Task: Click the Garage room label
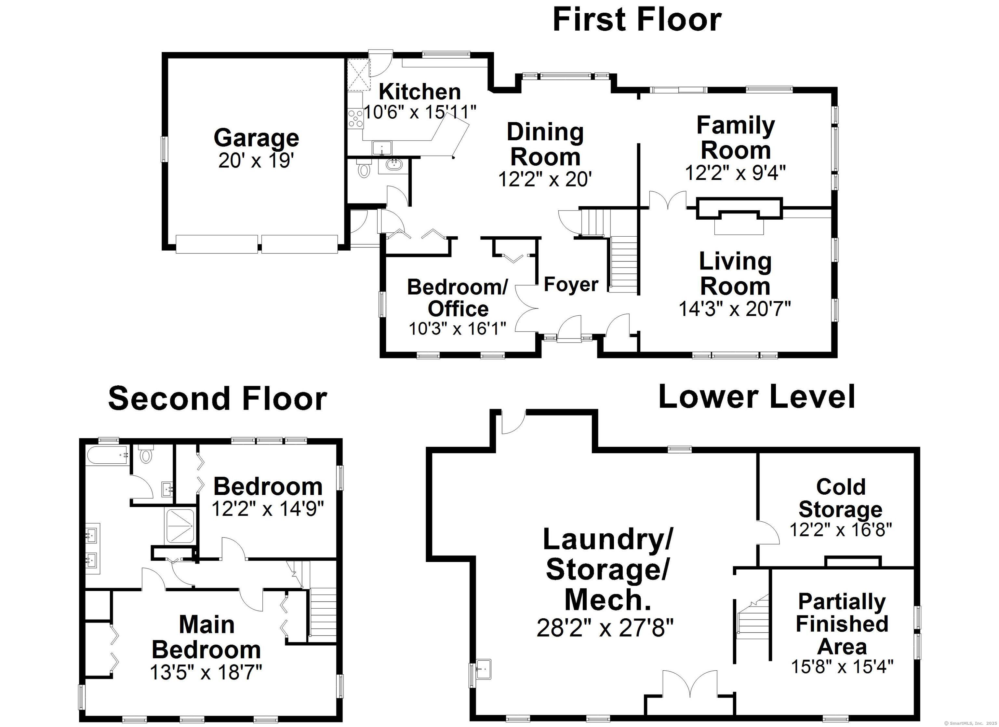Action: click(256, 138)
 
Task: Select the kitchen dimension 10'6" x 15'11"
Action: click(420, 112)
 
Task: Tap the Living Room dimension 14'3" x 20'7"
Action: click(735, 309)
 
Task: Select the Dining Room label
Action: click(545, 144)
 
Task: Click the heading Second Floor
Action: click(218, 399)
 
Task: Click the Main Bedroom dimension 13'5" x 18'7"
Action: click(206, 672)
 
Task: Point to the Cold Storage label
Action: click(840, 498)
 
